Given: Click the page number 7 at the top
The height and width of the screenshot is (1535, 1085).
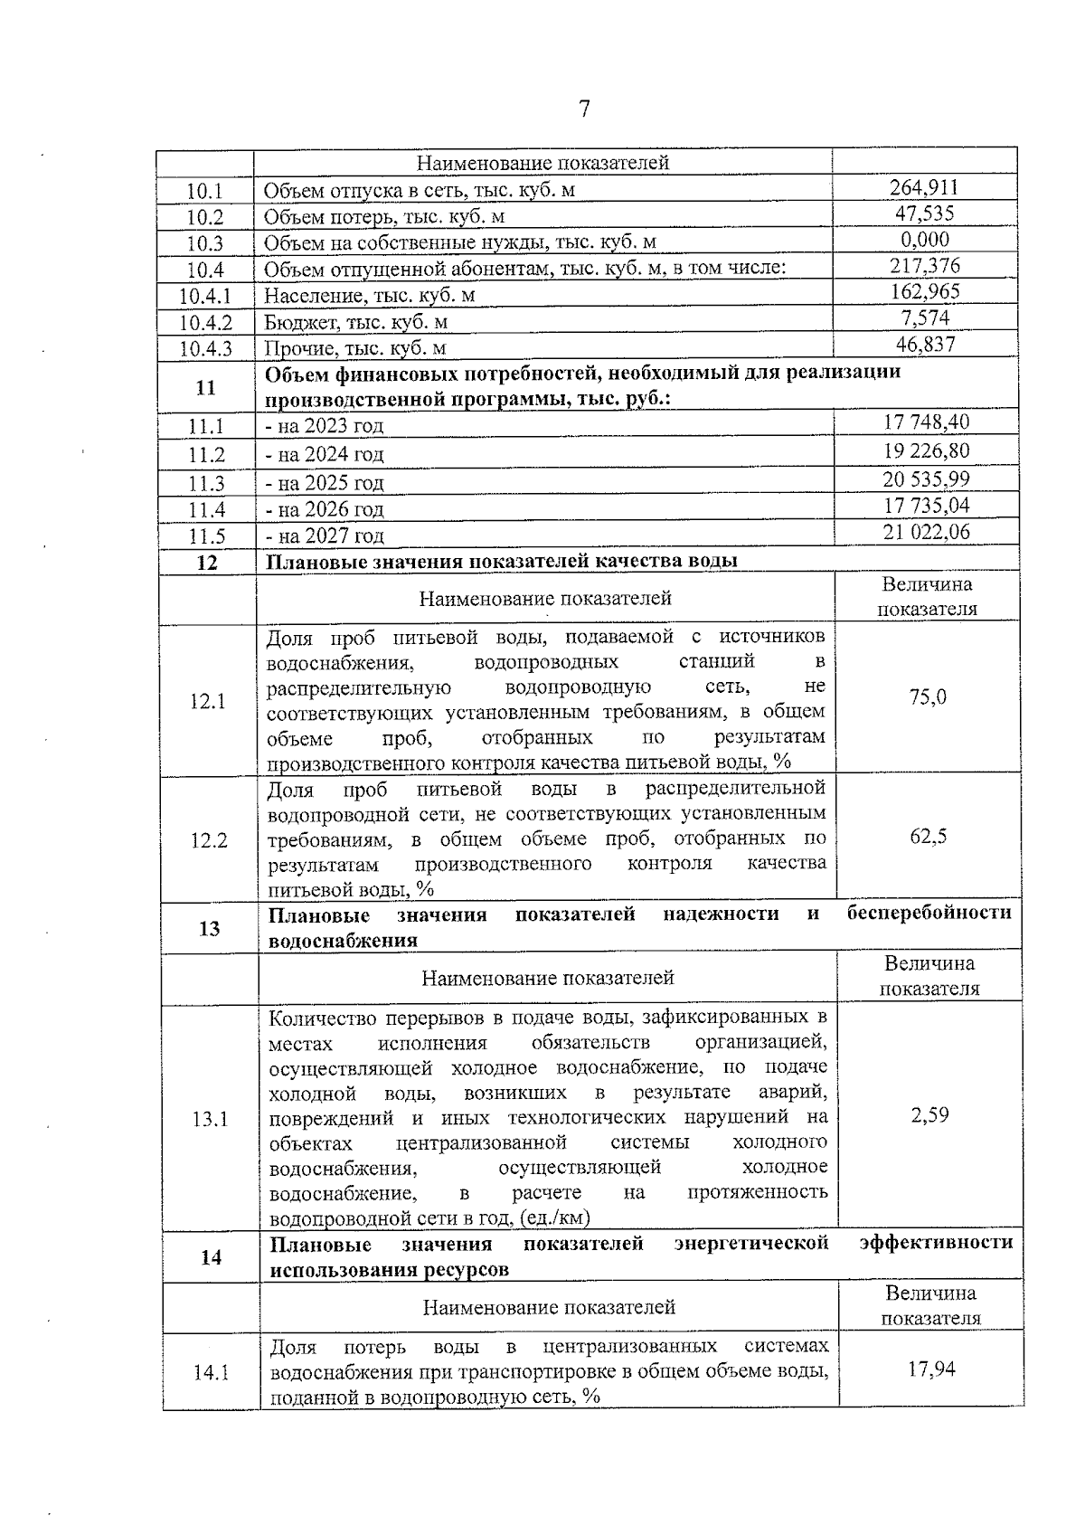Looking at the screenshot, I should (584, 109).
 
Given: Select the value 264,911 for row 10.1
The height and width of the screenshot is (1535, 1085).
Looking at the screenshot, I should (923, 187).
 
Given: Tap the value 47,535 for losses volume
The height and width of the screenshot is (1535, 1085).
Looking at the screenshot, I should (923, 213).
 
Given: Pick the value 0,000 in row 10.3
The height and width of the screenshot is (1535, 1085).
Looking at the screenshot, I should (924, 240).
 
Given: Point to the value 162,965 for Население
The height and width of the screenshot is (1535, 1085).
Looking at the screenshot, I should (924, 291).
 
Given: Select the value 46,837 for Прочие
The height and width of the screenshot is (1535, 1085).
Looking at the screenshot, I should (924, 344).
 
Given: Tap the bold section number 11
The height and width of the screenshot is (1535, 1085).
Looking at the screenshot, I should (205, 387).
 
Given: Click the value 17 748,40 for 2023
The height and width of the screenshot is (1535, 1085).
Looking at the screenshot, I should (926, 422).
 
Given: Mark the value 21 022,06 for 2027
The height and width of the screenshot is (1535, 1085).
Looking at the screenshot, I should (926, 532).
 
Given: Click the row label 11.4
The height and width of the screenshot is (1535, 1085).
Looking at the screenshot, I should (205, 509).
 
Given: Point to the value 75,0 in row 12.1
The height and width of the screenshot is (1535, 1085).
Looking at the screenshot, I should (928, 697).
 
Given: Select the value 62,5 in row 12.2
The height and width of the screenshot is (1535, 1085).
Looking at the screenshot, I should (928, 837).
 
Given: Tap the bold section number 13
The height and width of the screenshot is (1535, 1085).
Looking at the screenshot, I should (209, 928).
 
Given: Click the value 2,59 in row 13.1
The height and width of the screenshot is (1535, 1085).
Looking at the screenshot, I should (929, 1114).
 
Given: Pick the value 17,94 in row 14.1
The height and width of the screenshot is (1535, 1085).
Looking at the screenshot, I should (931, 1369).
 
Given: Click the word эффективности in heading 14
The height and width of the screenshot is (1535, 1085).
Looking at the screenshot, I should (936, 1243).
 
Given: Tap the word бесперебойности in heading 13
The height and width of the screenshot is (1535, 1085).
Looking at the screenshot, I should (929, 913).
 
